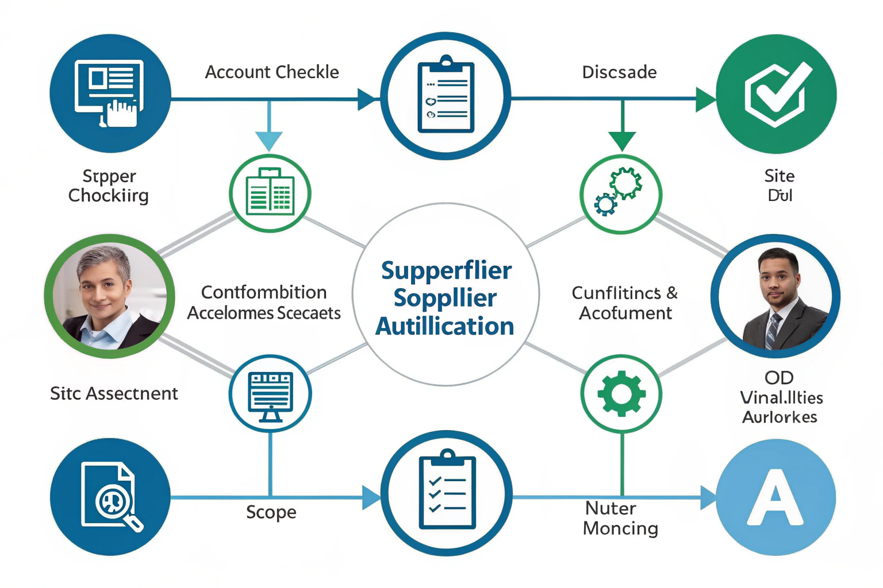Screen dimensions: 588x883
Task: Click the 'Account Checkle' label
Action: coord(272,72)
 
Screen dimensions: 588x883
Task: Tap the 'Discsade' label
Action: coord(619,72)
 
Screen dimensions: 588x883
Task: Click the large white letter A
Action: coord(775,497)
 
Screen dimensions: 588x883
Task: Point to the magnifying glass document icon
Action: coord(111,496)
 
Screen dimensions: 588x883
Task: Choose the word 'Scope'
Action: coord(271,512)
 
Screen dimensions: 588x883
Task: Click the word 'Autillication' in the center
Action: coord(444,326)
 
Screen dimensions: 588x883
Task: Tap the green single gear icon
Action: coord(621,394)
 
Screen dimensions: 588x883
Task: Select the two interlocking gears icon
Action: coord(620,191)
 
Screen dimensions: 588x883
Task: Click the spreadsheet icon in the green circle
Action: coord(270,194)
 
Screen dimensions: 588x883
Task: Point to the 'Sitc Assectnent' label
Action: coord(114,393)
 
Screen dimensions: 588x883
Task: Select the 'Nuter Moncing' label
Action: coord(620,518)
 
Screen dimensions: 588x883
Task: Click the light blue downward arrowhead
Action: coord(268,140)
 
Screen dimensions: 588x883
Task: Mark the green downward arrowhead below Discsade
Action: coord(622,140)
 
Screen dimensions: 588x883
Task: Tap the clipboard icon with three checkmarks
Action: coord(447,493)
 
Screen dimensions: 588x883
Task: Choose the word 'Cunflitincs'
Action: coord(616,293)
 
